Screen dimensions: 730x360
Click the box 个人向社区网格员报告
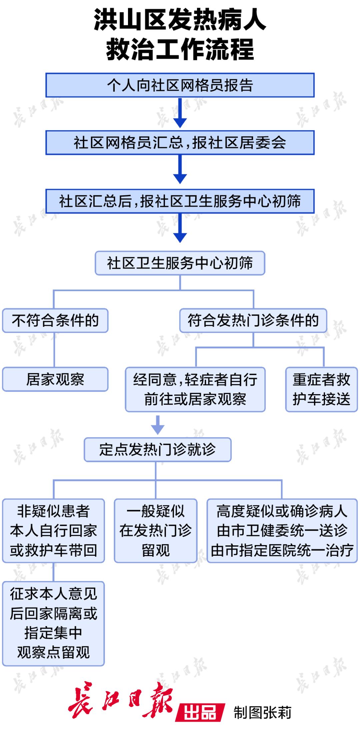tap(180, 85)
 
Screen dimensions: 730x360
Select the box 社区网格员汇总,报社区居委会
tap(180, 143)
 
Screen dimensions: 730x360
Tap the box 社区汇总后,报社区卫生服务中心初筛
tap(180, 201)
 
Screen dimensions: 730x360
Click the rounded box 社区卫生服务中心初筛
tap(180, 263)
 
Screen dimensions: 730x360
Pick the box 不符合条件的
tap(55, 321)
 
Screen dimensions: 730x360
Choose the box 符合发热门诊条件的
tap(253, 321)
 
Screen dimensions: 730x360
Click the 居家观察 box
tap(55, 379)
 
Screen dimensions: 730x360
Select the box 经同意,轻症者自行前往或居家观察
tap(195, 389)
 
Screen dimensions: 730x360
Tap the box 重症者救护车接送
tap(321, 389)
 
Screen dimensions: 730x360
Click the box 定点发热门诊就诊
tap(157, 449)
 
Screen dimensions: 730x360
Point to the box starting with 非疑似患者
tap(53, 531)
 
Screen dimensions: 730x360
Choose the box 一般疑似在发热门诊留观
tap(156, 531)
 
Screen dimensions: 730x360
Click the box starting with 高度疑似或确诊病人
tap(282, 531)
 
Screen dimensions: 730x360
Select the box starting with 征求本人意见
tap(53, 623)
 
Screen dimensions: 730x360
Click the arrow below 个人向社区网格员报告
tap(180, 113)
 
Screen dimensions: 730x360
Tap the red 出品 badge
tap(200, 712)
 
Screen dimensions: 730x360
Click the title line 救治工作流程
tap(180, 49)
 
